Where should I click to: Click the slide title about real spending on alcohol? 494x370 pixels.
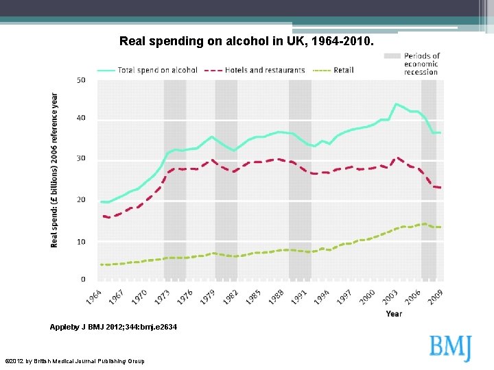coord(247,41)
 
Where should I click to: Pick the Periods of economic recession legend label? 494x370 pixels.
coord(421,64)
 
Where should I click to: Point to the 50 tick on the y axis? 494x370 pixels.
coord(81,80)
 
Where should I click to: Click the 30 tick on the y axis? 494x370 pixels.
coord(81,158)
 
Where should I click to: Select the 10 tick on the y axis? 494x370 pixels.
coord(81,242)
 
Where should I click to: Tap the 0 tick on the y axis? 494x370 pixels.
coord(83,280)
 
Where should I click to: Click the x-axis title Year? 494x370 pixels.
coord(394,314)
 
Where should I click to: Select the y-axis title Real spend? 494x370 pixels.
coord(55,170)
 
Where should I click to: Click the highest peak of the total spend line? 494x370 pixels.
coord(397,104)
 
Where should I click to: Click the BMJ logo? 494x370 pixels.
coord(451,347)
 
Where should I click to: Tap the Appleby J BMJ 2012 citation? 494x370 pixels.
coord(113,328)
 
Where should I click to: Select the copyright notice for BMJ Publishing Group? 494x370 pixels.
coord(75,361)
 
